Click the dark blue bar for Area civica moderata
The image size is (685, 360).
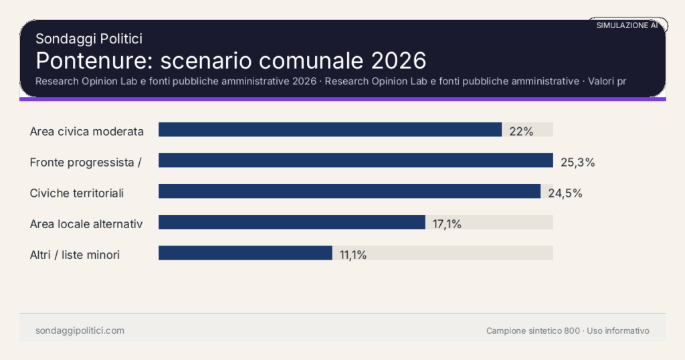point(330,130)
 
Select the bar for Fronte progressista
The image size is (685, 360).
point(355,161)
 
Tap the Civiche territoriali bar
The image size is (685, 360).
point(349,191)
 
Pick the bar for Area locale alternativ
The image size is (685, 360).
point(292,222)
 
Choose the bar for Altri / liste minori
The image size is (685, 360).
point(246,253)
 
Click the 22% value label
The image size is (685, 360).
point(521,131)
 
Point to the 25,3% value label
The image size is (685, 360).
point(577,162)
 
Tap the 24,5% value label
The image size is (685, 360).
point(565,193)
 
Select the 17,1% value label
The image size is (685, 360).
point(447,224)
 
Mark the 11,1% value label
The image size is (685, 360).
point(353,255)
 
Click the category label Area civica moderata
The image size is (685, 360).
point(87,131)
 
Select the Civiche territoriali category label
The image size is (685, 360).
point(77,193)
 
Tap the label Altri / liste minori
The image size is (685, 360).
point(75,255)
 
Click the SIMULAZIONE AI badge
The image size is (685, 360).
point(627,25)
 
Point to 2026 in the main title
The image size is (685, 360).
point(398,60)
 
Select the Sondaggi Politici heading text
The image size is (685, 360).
point(89,39)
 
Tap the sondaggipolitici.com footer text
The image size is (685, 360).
point(80,331)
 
